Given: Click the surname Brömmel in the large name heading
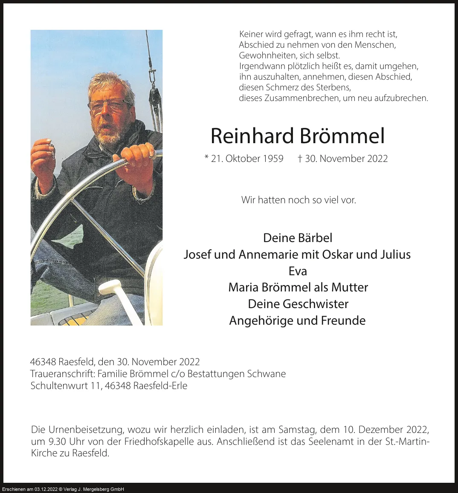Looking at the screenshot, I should [342, 136].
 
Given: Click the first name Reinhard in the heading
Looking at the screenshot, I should [252, 136].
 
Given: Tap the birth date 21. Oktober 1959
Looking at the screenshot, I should [247, 159].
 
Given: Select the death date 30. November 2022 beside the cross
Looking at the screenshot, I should [346, 159].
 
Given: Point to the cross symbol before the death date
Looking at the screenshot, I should [300, 158].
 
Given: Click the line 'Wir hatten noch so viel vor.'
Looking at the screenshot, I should [299, 199].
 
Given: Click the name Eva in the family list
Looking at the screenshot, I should [298, 271].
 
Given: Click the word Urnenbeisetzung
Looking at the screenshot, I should [86, 430].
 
